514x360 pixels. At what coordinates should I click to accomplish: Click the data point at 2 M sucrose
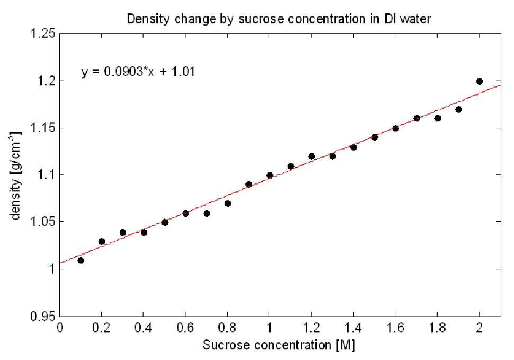click(479, 81)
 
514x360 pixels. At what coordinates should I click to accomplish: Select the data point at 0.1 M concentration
click(81, 260)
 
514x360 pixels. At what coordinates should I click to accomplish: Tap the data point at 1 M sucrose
click(270, 175)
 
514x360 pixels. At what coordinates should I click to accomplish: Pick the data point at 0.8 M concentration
click(227, 204)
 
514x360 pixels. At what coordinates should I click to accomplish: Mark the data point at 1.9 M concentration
click(458, 109)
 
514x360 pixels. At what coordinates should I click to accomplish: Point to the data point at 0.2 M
click(102, 242)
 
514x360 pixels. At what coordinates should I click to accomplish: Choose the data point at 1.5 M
click(374, 137)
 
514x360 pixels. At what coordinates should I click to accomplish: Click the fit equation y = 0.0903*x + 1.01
click(138, 72)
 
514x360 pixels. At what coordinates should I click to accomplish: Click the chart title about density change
click(279, 19)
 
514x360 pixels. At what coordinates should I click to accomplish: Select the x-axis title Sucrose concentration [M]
click(279, 345)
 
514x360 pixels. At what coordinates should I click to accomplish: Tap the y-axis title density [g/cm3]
click(16, 175)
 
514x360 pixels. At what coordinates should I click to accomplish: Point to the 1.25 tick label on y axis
click(42, 34)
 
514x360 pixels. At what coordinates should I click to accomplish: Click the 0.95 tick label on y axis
click(42, 317)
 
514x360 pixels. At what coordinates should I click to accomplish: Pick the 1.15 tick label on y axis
click(42, 128)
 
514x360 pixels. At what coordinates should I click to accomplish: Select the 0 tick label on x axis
click(60, 328)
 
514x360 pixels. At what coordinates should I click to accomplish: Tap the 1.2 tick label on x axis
click(311, 328)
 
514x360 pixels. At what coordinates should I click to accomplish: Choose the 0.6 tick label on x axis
click(185, 328)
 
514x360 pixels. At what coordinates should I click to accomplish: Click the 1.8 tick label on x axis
click(437, 328)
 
